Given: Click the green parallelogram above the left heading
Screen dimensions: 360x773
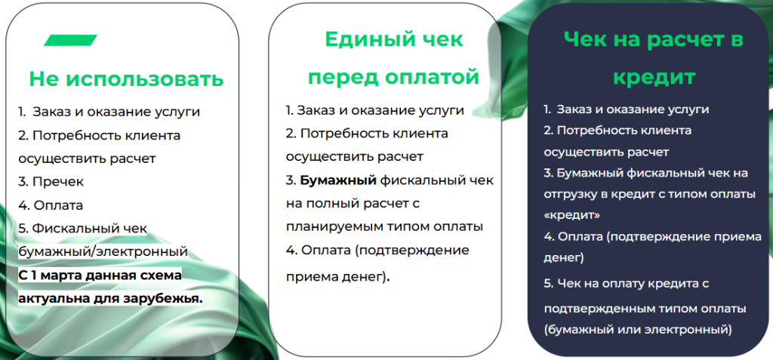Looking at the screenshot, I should (x=70, y=40).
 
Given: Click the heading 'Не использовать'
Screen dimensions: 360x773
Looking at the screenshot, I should (x=126, y=79).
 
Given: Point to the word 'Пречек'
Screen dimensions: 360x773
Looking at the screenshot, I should (x=58, y=181).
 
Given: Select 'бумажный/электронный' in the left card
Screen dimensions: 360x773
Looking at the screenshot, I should (x=103, y=251).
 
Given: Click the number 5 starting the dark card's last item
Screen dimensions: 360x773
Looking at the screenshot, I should (x=547, y=284).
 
